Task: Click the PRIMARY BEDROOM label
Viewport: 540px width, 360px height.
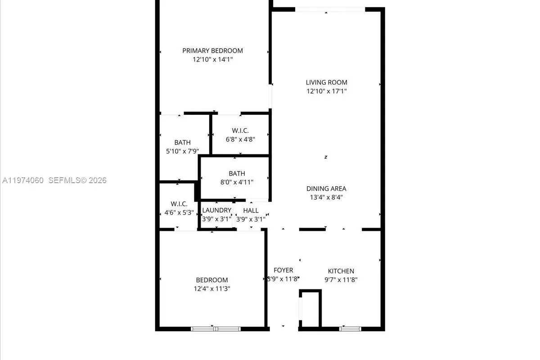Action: (212, 51)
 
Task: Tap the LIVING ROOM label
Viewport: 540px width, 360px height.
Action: (326, 82)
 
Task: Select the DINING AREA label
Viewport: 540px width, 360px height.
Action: (326, 189)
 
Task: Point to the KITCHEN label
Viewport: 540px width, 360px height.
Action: (341, 271)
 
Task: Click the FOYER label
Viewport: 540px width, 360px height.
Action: (283, 270)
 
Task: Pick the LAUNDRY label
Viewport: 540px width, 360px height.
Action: (216, 210)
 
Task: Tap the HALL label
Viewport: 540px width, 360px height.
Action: (251, 210)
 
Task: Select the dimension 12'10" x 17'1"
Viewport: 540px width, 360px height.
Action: (326, 91)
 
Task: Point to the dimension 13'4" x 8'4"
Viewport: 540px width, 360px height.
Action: (326, 197)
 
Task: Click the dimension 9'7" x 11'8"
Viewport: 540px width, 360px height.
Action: (341, 279)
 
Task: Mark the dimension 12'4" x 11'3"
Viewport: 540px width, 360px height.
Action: (211, 288)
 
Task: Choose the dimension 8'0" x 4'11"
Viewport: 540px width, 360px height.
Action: (237, 182)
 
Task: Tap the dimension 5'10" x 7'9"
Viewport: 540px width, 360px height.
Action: (182, 151)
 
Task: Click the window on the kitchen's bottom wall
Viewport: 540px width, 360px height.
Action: (350, 329)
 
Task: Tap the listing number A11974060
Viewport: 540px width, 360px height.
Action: (22, 180)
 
